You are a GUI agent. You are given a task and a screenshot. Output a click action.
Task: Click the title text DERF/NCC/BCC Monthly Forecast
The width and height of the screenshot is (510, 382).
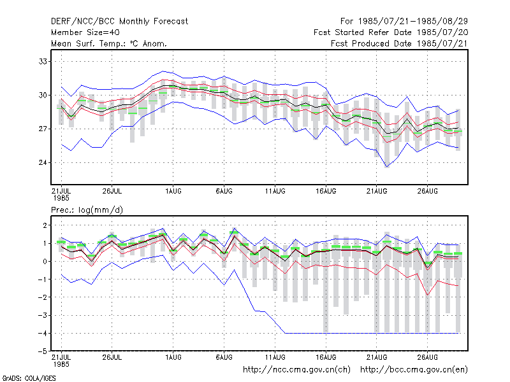coord(119,22)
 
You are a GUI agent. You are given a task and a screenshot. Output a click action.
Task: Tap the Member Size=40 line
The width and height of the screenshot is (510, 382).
coord(85,32)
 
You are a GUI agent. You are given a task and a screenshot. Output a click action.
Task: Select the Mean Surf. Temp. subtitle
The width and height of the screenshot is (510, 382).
coord(108,43)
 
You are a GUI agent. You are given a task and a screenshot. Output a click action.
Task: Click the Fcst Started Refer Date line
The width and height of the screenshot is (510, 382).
coord(391,32)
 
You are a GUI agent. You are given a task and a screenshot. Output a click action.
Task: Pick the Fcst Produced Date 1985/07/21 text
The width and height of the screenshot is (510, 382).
coord(400,43)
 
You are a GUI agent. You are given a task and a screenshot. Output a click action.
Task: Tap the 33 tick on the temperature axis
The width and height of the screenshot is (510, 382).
coord(43,61)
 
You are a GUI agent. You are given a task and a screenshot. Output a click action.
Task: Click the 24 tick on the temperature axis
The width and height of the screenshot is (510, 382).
coord(43,162)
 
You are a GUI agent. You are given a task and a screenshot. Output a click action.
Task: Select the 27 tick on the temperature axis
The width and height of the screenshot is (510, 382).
coord(43,129)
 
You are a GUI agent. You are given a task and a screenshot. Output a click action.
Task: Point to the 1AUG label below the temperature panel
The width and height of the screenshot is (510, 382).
coord(173,191)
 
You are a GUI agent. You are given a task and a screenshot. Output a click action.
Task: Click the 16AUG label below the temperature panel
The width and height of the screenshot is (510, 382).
coord(326,191)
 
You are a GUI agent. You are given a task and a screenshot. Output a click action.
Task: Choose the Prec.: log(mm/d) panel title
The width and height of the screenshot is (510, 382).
coord(87,210)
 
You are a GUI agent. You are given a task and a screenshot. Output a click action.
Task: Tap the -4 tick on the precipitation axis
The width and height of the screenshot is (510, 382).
coord(43,333)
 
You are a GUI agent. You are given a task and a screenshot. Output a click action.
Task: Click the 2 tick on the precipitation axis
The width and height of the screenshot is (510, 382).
coord(45,225)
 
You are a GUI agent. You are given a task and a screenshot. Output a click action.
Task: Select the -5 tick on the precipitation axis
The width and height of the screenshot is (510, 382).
coord(43,351)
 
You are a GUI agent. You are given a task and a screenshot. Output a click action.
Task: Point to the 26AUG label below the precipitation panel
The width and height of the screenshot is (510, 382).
coord(427,357)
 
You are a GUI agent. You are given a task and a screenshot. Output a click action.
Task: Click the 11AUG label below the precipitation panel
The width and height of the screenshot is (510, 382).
coord(275,357)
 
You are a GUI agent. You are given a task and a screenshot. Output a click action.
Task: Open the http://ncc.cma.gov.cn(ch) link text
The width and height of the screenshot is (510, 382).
coord(296,370)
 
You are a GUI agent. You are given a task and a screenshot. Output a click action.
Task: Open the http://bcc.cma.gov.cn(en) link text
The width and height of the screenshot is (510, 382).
coord(414,370)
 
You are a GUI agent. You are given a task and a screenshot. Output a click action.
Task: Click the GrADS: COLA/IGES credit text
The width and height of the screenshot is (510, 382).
coord(29,378)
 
